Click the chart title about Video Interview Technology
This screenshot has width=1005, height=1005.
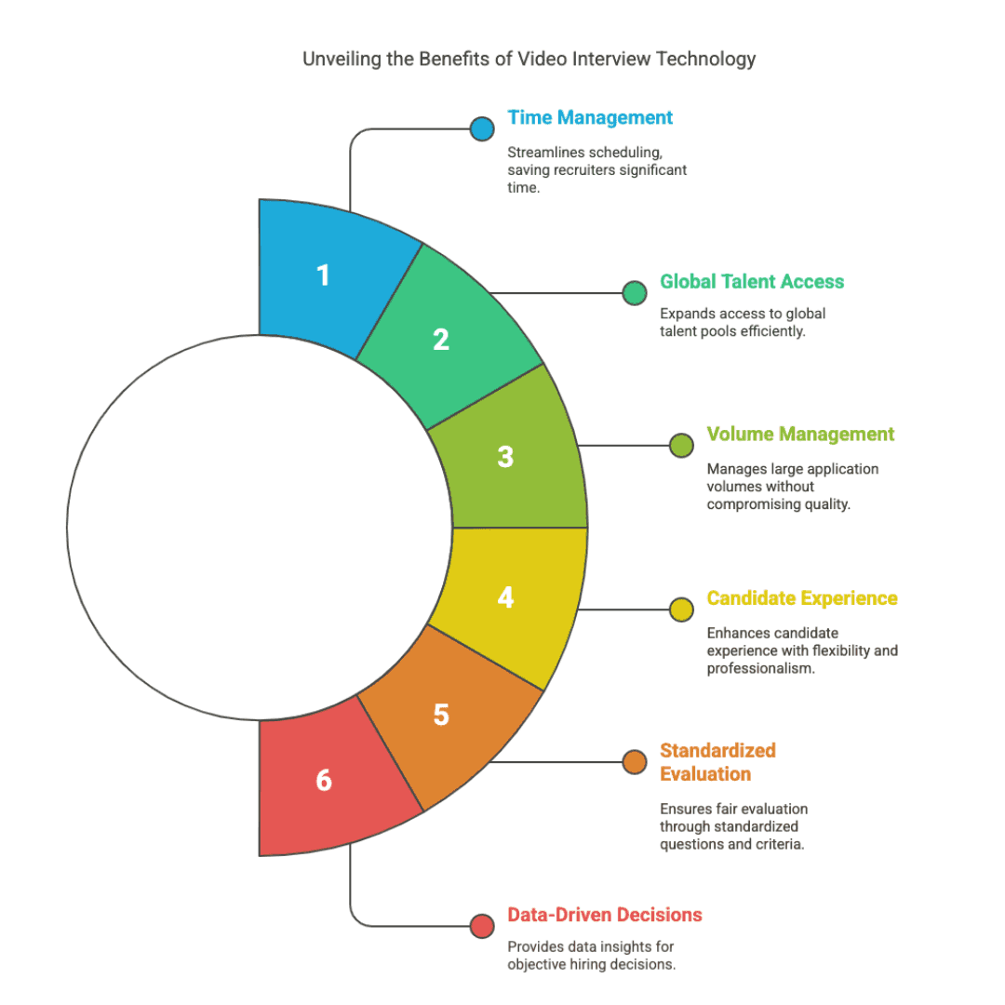coord(529,60)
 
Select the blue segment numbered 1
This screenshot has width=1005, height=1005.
coord(324,275)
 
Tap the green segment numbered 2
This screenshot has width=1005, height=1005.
coord(441,340)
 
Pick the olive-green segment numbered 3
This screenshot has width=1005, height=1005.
coord(505,457)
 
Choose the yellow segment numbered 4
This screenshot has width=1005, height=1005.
coord(505,596)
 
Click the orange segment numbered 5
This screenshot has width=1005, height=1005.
coord(441,715)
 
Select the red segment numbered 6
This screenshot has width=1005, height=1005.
coord(324,780)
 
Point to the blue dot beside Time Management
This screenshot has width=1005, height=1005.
coord(482,128)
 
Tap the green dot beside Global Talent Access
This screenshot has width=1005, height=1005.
coord(635,293)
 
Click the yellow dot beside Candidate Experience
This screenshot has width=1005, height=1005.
coord(681,610)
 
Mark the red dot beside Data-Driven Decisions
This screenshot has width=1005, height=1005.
coord(482,926)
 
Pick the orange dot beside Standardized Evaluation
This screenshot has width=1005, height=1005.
coord(635,762)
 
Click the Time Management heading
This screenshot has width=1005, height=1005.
coord(590,118)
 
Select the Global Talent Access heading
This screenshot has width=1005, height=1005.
coord(752,282)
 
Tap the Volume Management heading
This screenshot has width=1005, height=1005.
coord(800,434)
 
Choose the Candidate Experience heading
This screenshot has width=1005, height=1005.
coord(802,597)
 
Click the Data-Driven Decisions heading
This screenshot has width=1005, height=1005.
coord(604,915)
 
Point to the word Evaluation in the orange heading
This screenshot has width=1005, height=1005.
coord(705,774)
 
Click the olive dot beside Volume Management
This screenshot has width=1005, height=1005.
coord(681,446)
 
